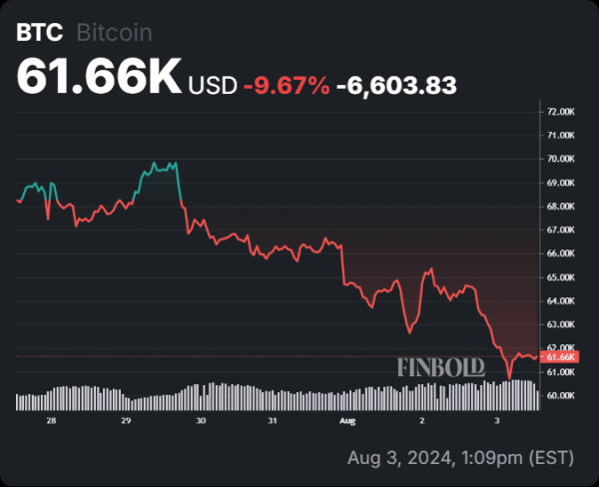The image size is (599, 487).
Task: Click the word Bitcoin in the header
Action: [114, 32]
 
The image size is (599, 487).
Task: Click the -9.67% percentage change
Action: [287, 87]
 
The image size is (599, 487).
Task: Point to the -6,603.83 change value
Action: [396, 87]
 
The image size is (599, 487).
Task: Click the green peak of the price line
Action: [154, 163]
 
